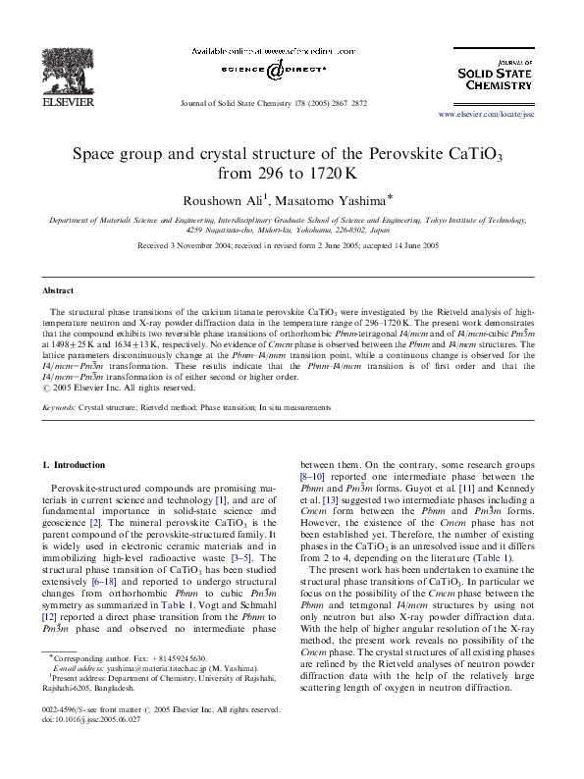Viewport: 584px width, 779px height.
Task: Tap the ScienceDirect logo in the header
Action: coord(267,69)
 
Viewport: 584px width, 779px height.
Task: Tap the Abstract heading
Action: coord(58,291)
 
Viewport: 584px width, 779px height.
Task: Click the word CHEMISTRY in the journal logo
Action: coord(499,85)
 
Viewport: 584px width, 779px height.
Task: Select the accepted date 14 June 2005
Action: coord(417,245)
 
